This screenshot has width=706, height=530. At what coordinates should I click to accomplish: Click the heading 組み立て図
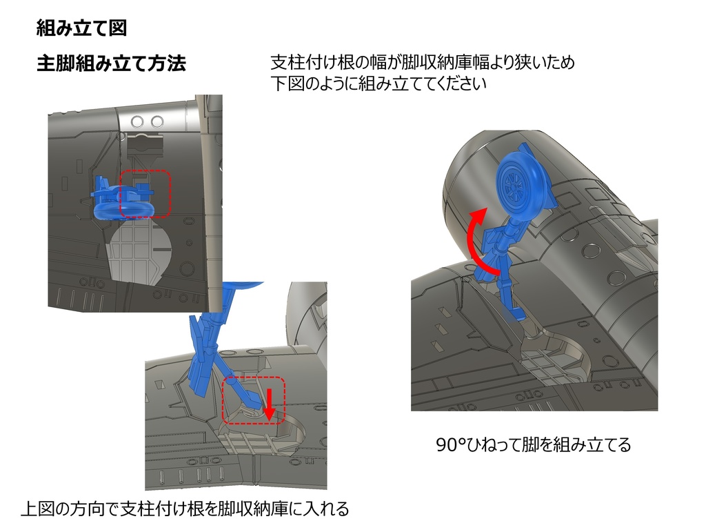click(x=81, y=28)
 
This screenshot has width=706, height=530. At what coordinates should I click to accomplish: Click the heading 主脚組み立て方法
click(x=111, y=63)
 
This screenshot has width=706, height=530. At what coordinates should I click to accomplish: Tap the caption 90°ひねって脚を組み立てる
click(x=534, y=445)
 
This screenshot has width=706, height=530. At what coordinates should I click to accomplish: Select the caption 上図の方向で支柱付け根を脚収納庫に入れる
click(x=185, y=509)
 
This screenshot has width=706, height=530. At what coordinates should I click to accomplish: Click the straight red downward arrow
click(x=269, y=404)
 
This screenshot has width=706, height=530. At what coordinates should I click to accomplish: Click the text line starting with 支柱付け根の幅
click(x=423, y=62)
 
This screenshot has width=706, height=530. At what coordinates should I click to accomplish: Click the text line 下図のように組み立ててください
click(x=379, y=84)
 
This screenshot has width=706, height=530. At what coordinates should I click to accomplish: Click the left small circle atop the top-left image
click(x=137, y=121)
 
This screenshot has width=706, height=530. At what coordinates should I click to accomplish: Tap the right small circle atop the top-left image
click(x=157, y=121)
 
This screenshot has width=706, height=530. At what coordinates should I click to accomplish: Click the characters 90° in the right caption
click(x=451, y=445)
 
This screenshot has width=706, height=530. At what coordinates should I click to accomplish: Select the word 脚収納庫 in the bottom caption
click(x=252, y=509)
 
